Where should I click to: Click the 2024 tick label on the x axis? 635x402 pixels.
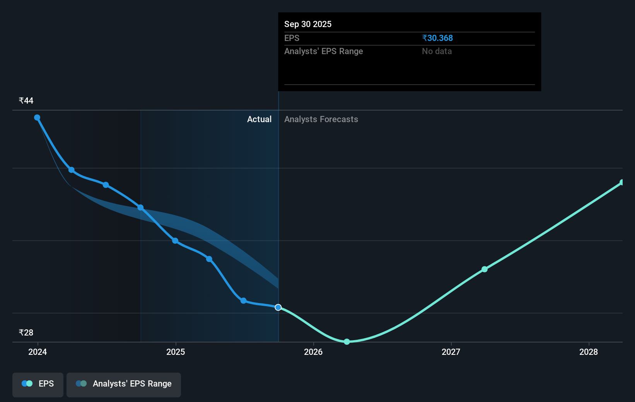click(38, 352)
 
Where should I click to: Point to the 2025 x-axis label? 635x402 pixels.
click(176, 352)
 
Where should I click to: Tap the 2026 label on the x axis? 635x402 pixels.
click(313, 352)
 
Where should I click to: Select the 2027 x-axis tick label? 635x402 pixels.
click(451, 352)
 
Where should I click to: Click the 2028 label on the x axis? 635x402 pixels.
click(589, 352)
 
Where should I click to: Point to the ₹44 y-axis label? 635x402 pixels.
click(26, 100)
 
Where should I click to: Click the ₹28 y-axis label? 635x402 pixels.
click(26, 332)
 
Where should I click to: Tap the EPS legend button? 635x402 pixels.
click(38, 384)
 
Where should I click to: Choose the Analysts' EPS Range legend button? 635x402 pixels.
click(124, 384)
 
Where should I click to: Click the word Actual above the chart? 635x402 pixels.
click(259, 119)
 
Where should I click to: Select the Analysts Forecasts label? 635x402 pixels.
click(321, 119)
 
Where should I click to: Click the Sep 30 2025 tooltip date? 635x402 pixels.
click(308, 24)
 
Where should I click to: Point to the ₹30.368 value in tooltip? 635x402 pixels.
click(437, 38)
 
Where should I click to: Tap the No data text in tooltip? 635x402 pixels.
click(437, 51)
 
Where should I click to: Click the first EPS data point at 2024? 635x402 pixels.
click(37, 118)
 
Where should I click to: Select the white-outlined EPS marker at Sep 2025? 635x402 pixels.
click(278, 307)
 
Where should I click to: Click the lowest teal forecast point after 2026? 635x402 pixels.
click(347, 342)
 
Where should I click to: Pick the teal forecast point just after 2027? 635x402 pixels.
click(485, 269)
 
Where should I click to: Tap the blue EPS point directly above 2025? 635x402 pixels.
click(175, 241)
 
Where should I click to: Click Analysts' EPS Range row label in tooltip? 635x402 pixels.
click(323, 51)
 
